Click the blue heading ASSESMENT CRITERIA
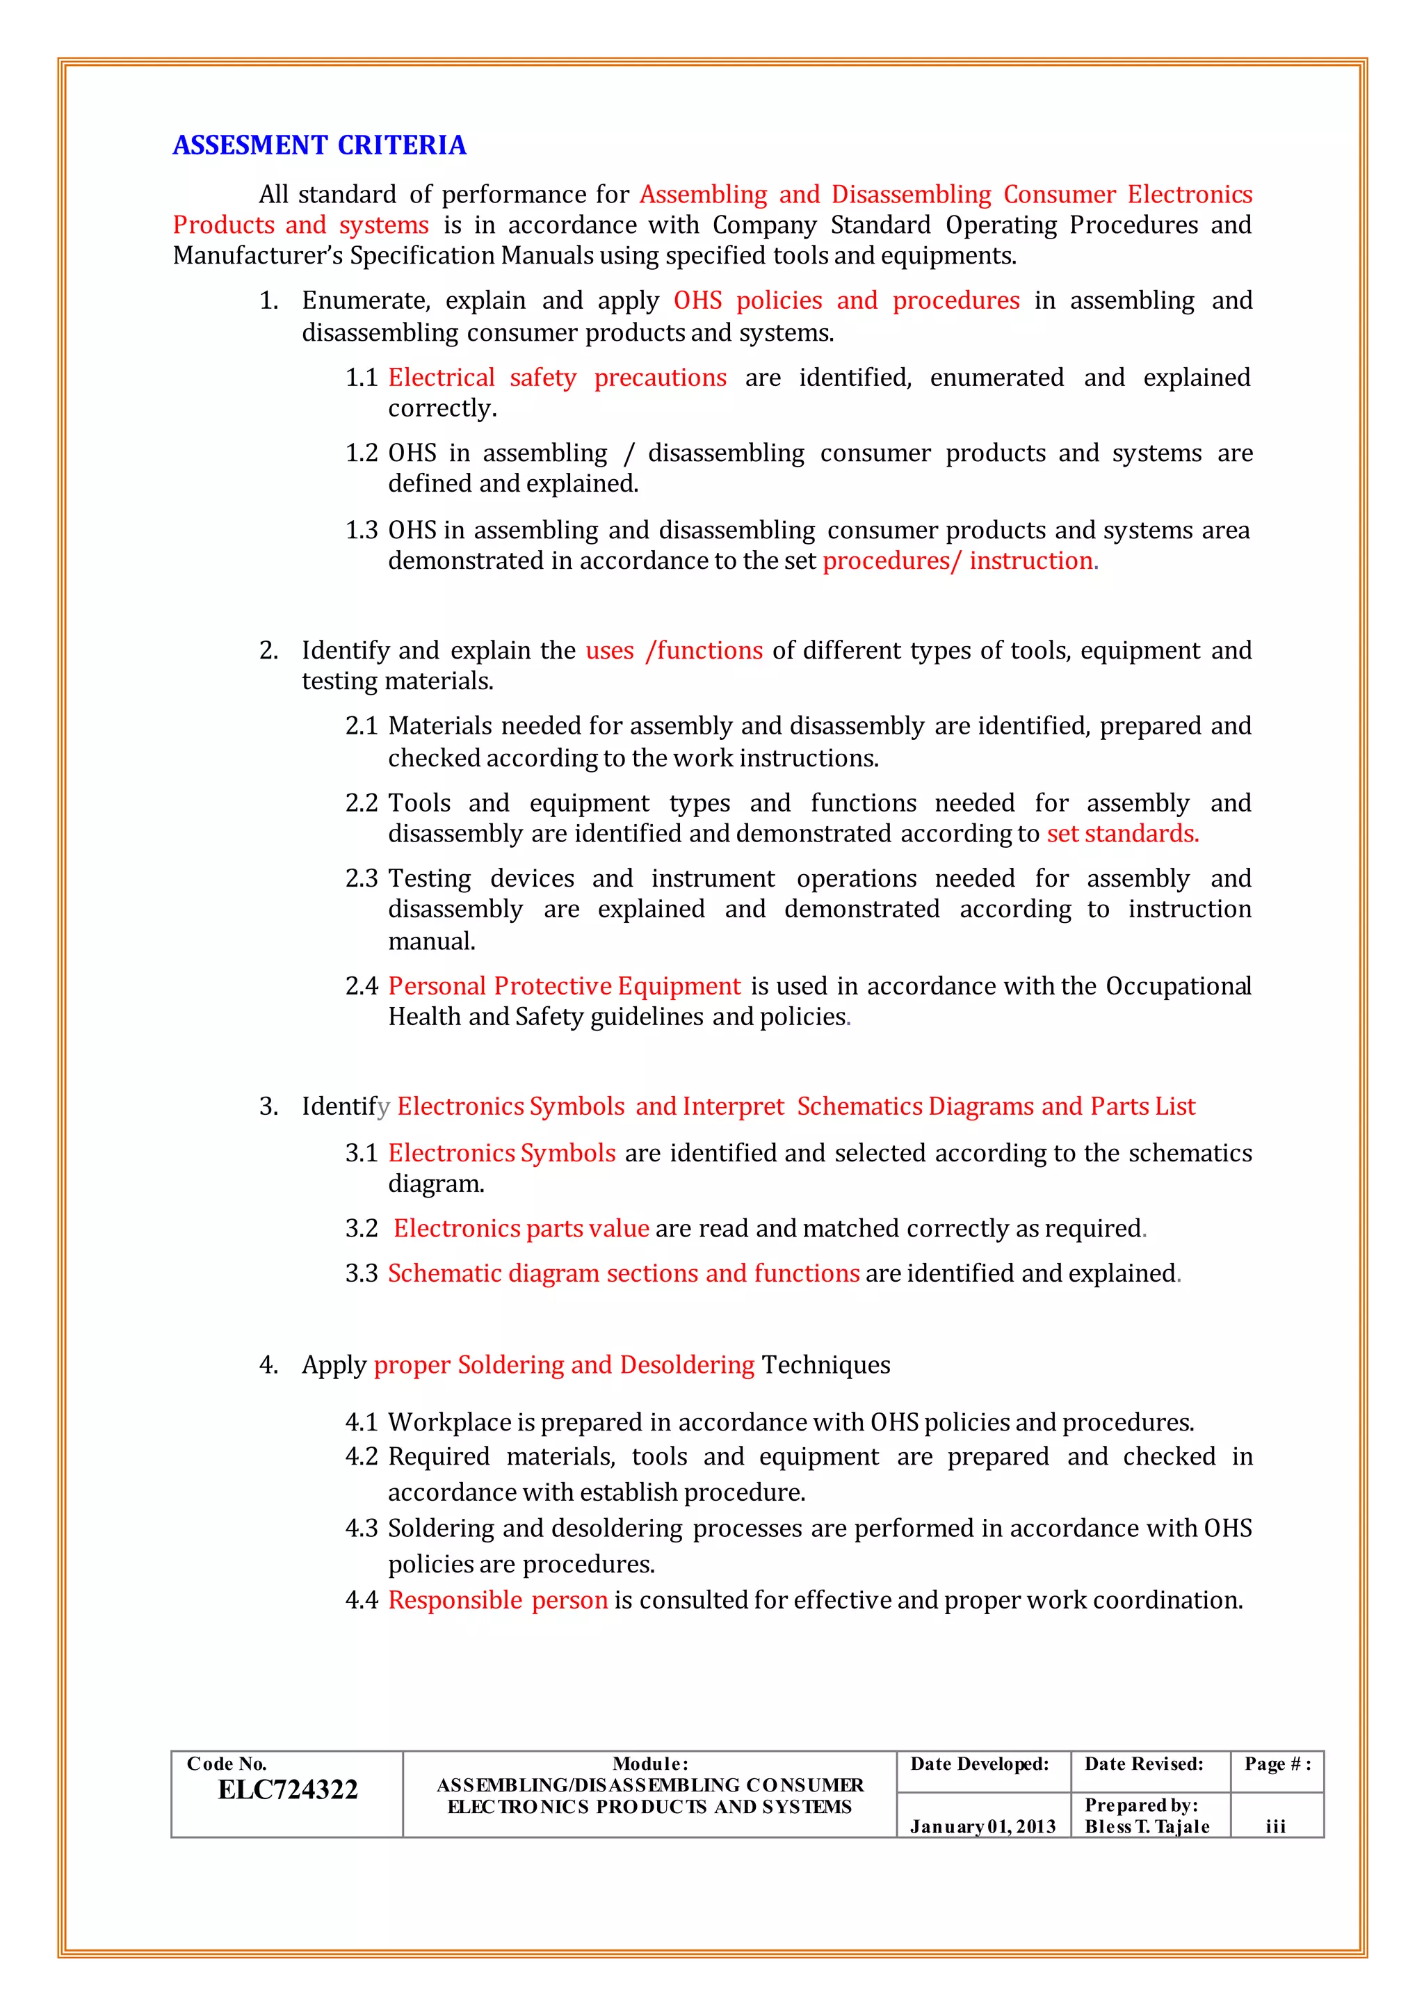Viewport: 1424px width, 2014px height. coord(319,145)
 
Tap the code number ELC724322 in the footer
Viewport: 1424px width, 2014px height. coord(288,1789)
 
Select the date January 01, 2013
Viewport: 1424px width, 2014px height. coord(982,1826)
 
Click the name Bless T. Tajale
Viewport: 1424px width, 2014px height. coord(1146,1826)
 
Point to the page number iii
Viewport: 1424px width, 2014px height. coord(1276,1826)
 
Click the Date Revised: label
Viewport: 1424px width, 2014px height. coord(1143,1764)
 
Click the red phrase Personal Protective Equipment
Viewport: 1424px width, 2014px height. coord(564,986)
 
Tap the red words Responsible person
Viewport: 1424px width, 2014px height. coord(497,1600)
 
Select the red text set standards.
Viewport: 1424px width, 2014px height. coord(1122,833)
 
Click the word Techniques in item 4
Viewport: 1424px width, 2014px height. coord(825,1365)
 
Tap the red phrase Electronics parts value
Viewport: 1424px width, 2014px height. coord(521,1228)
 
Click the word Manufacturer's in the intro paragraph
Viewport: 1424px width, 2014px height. coord(258,255)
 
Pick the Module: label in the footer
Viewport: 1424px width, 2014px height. coord(649,1764)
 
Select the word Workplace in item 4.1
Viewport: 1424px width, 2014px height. coord(437,1422)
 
